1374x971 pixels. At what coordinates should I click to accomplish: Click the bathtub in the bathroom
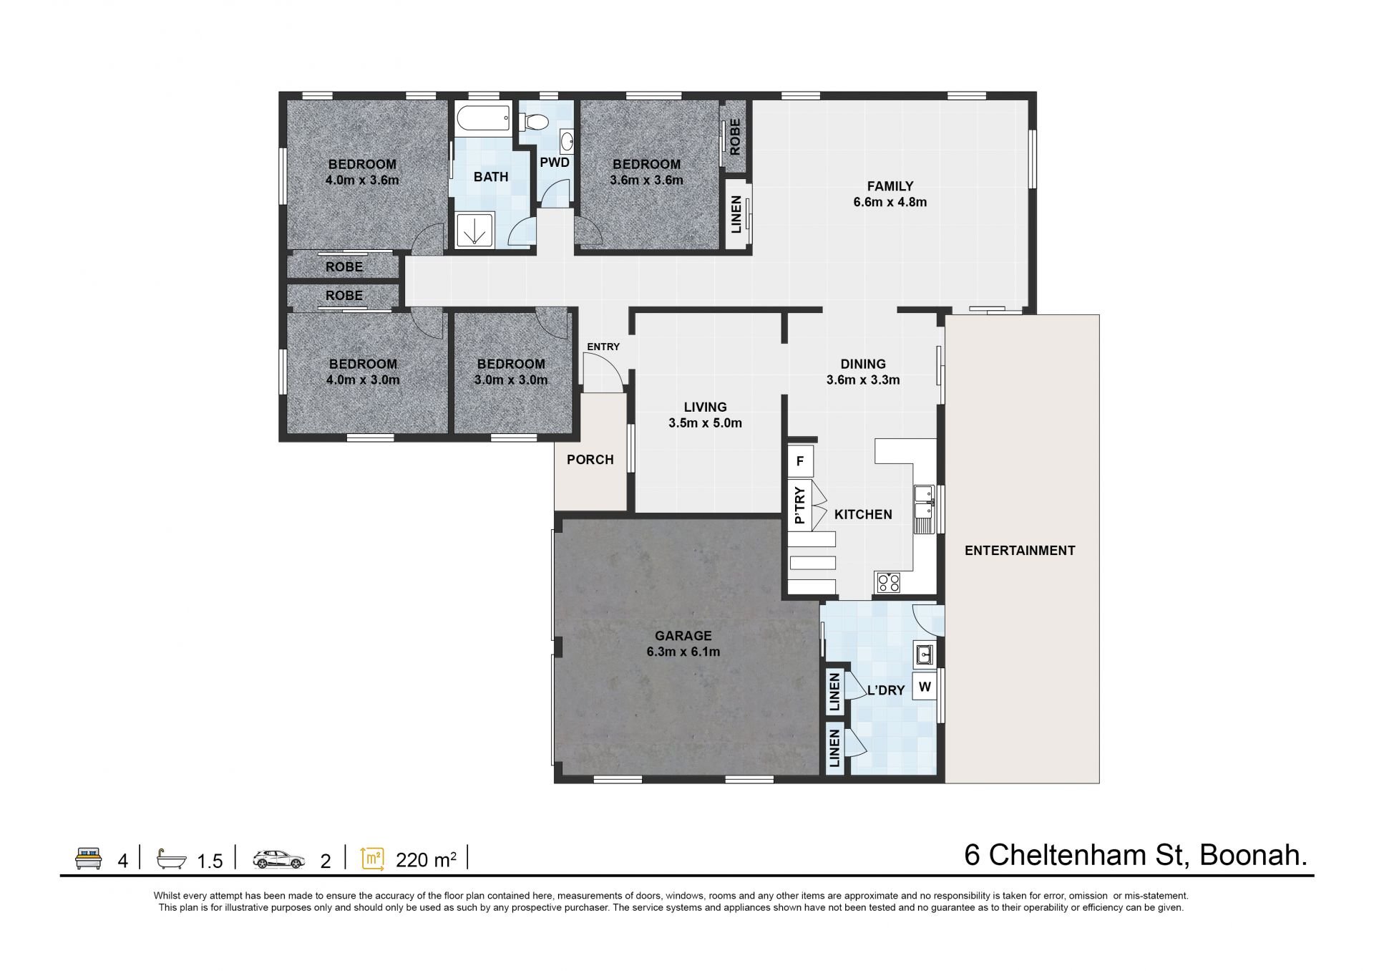(482, 118)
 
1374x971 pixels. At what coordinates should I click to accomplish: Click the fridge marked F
(799, 461)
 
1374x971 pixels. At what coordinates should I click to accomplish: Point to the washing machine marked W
(925, 687)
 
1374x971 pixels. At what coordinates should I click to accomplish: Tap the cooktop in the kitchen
(888, 582)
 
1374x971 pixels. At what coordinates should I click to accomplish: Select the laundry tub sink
(925, 654)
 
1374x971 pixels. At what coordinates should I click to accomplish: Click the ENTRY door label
(603, 347)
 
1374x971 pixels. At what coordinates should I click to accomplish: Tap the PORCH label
(590, 460)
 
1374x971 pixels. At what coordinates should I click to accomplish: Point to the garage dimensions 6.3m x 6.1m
(683, 652)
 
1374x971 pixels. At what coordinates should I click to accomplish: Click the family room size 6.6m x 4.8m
(890, 202)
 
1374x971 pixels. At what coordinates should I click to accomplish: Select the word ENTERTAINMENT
(1020, 551)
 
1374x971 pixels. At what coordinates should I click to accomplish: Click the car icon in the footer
(278, 859)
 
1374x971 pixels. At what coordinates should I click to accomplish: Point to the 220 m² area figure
(426, 859)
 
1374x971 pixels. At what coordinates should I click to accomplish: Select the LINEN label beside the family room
(736, 215)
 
